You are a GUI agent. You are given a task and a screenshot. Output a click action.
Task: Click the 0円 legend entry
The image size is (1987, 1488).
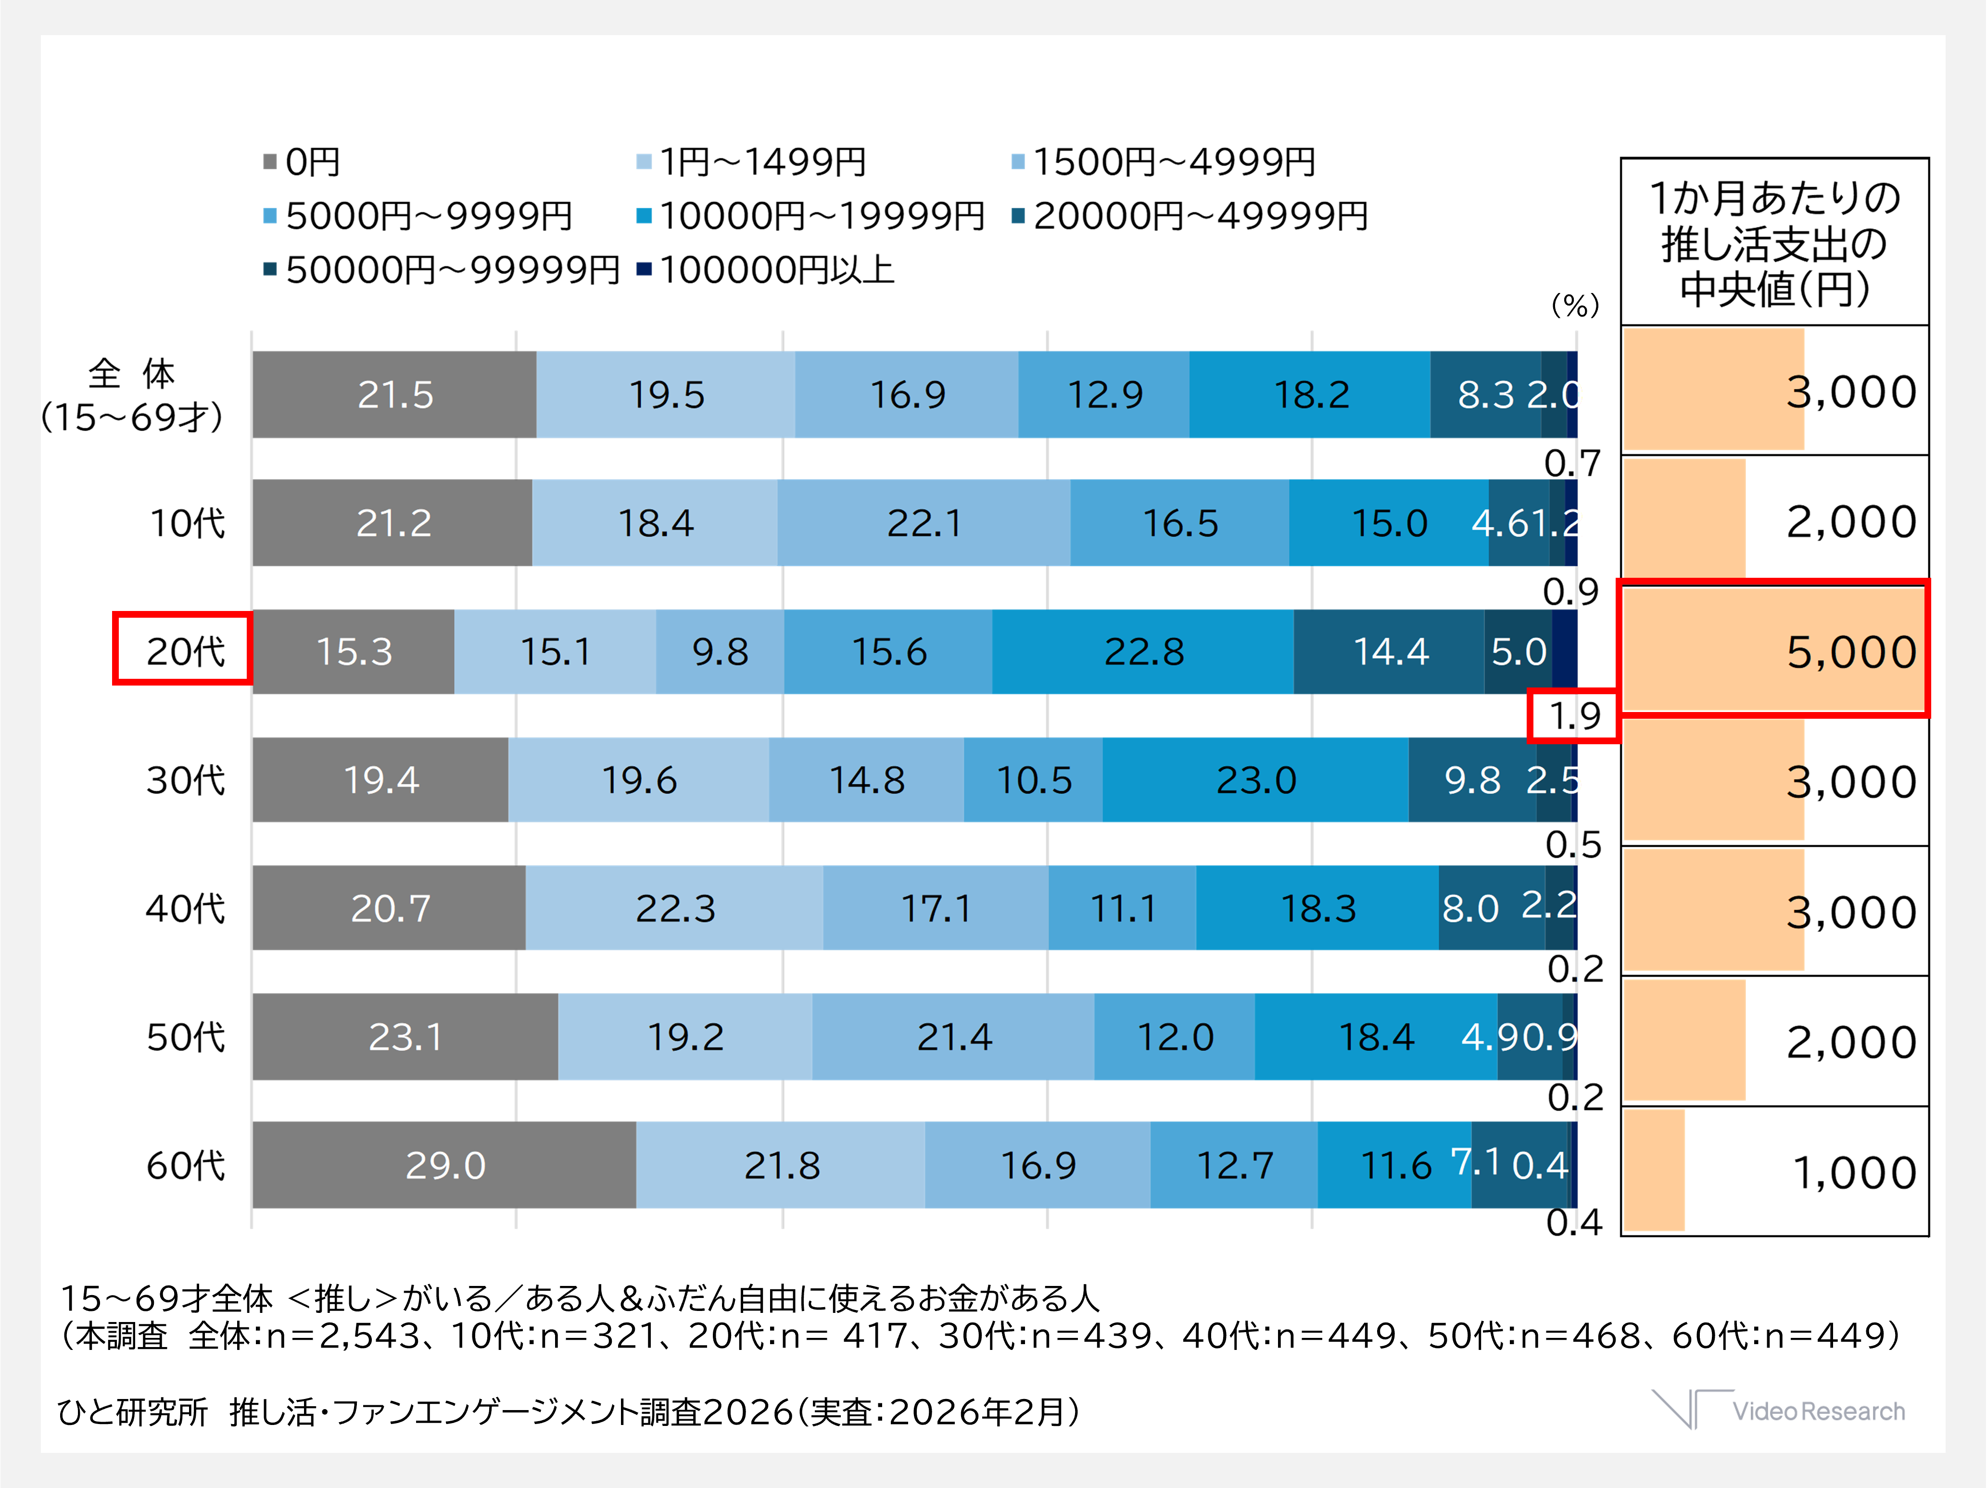pyautogui.click(x=302, y=163)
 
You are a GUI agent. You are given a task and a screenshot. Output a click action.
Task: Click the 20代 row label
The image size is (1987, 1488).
pyautogui.click(x=184, y=650)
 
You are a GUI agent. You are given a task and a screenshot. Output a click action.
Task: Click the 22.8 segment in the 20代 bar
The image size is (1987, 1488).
pyautogui.click(x=1143, y=651)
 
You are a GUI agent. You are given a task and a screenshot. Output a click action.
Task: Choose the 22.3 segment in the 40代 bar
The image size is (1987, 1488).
pyautogui.click(x=675, y=908)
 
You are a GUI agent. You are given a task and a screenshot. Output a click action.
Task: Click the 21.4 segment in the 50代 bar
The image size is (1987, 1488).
pyautogui.click(x=953, y=1037)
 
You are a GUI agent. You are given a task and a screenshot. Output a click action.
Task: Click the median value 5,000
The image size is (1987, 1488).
pyautogui.click(x=1850, y=651)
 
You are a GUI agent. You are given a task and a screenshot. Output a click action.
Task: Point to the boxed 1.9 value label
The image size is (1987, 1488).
pyautogui.click(x=1574, y=716)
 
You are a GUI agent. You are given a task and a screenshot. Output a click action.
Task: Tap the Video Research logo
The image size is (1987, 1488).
pyautogui.click(x=1779, y=1410)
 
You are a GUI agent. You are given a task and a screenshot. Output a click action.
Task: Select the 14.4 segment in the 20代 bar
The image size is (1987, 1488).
pyautogui.click(x=1390, y=651)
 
